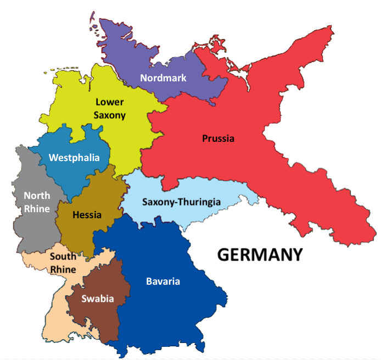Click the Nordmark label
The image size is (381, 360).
[163, 78]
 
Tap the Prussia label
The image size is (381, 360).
[218, 139]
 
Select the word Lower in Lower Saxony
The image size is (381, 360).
[110, 102]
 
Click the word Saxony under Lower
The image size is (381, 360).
[110, 115]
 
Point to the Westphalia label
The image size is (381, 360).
[74, 158]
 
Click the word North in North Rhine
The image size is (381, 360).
[37, 196]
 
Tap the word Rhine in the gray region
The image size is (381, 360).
[37, 209]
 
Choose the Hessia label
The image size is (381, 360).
[87, 215]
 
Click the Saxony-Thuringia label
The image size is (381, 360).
[181, 202]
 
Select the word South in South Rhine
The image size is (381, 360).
[63, 257]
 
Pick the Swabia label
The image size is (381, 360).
[97, 299]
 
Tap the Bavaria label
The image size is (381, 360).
[163, 282]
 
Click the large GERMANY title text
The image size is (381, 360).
[260, 255]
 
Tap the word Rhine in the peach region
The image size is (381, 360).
[63, 269]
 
